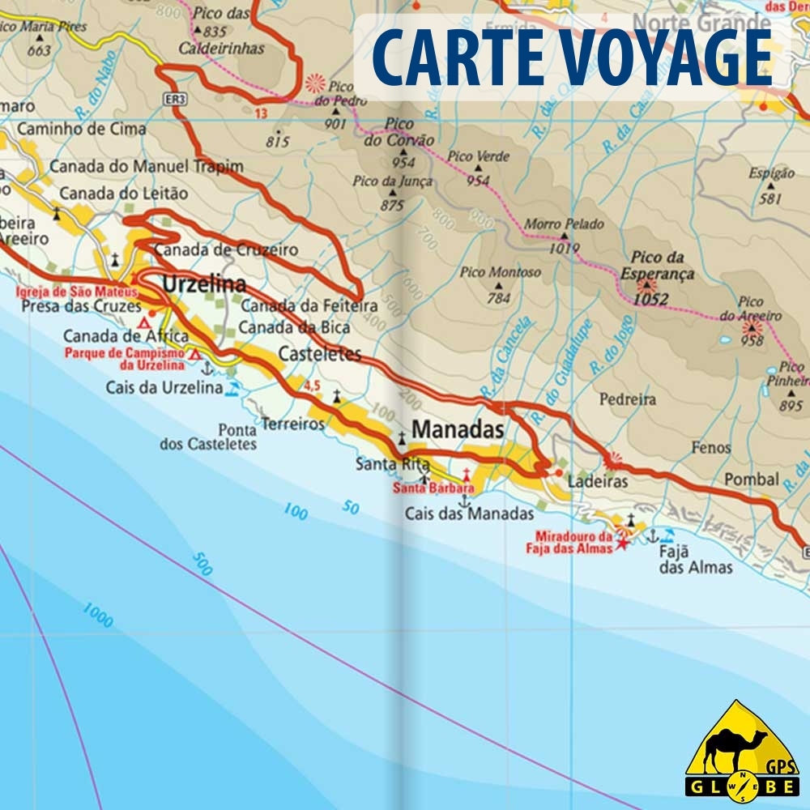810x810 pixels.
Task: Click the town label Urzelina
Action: [204, 284]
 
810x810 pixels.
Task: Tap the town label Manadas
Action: [458, 429]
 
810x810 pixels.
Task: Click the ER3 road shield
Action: [178, 99]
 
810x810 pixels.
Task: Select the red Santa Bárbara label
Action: [433, 488]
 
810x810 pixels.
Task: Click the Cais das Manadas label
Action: [469, 514]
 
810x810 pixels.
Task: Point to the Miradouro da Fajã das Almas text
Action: [573, 542]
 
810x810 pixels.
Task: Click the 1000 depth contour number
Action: [96, 615]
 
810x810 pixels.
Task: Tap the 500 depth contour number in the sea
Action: [202, 564]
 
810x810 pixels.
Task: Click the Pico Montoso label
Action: [500, 272]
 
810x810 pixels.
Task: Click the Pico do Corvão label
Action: [399, 132]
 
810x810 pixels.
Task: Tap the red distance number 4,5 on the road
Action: [313, 386]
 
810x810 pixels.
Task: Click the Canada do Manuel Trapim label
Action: [146, 167]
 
